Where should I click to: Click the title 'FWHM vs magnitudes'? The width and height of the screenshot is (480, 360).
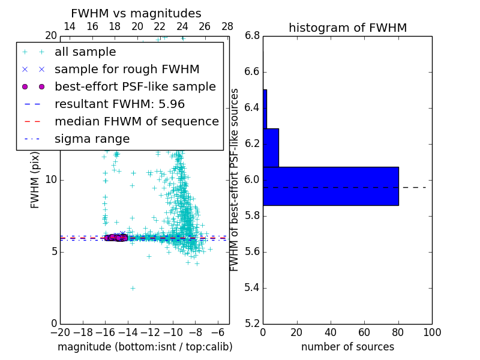(x=136, y=14)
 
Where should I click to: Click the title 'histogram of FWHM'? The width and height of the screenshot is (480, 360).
(x=347, y=28)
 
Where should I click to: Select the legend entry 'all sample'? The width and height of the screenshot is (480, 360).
(x=85, y=52)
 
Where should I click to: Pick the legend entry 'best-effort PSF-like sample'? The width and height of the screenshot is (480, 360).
(x=135, y=87)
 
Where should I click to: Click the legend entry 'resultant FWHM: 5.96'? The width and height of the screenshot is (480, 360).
(x=119, y=104)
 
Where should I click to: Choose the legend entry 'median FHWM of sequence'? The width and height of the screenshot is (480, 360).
(x=136, y=122)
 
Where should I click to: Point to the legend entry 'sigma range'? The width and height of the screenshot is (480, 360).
(x=92, y=139)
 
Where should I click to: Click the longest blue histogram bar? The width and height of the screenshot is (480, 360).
(x=331, y=186)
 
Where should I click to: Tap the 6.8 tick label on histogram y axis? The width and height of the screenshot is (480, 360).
(x=252, y=36)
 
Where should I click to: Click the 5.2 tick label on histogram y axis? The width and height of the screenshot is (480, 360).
(x=252, y=323)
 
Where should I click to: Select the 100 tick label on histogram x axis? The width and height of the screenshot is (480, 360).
(x=432, y=332)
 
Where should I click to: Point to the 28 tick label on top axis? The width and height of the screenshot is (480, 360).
(x=227, y=26)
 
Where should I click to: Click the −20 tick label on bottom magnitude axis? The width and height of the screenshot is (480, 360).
(x=60, y=332)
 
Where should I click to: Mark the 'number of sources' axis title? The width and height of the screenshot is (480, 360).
(x=347, y=347)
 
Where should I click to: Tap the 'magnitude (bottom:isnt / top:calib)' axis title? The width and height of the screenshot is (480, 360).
(x=145, y=347)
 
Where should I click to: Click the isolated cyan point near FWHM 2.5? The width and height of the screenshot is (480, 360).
(x=133, y=288)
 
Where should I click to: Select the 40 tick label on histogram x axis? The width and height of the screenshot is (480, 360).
(x=331, y=332)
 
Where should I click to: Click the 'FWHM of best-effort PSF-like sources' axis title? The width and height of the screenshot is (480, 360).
(x=235, y=179)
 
